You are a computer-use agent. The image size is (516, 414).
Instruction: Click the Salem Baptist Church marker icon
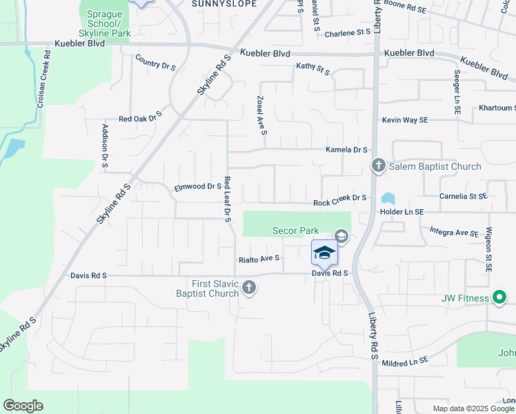[378, 166]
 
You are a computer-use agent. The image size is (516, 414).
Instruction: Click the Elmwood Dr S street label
[197, 186]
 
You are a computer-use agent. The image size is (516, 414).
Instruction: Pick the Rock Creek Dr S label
[339, 201]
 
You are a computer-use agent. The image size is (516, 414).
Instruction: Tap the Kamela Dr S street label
[347, 150]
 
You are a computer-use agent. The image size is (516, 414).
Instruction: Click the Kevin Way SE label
[406, 120]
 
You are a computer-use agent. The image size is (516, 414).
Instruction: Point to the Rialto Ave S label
[259, 259]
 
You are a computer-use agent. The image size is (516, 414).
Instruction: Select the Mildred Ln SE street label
[404, 361]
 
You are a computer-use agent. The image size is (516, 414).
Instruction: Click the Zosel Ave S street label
[261, 115]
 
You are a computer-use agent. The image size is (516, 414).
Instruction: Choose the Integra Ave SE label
[454, 233]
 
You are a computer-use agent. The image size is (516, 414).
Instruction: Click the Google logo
[23, 406]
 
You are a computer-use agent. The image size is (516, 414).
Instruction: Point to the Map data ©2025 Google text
[473, 408]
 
